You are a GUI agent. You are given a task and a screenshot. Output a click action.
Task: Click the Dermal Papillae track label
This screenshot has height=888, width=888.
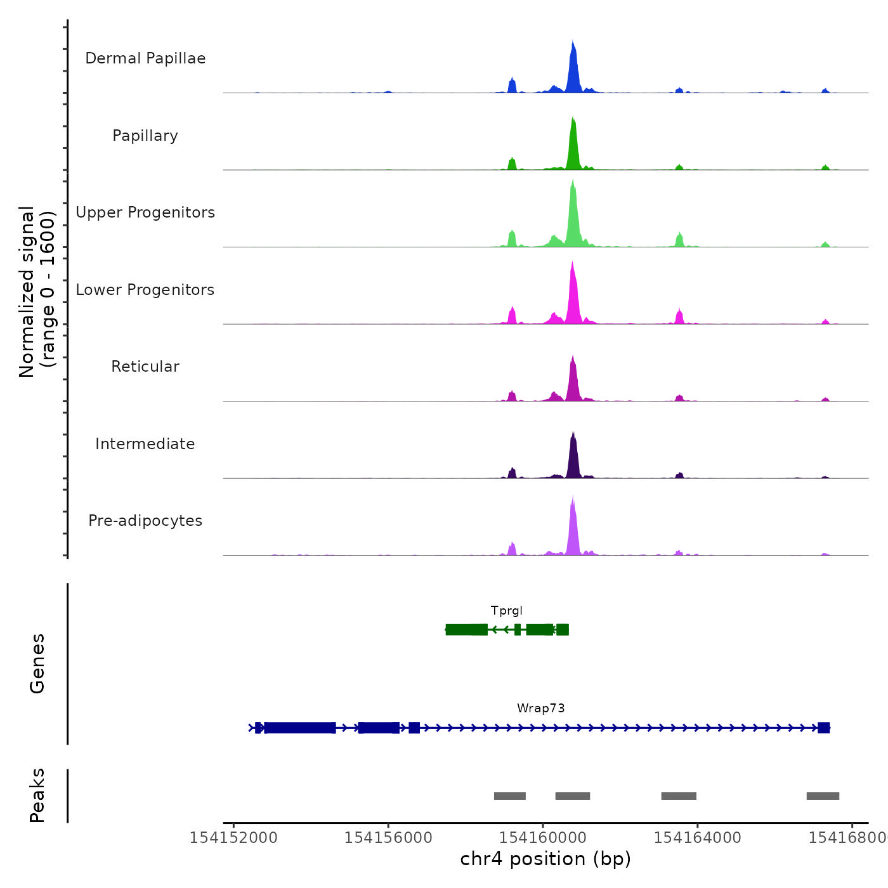pyautogui.click(x=145, y=58)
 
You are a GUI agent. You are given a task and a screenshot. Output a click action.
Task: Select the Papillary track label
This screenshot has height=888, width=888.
pyautogui.click(x=145, y=136)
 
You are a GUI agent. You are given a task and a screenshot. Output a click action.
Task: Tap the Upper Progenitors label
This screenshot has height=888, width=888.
pyautogui.click(x=145, y=212)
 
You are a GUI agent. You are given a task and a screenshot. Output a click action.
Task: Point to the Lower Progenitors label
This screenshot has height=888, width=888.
pyautogui.click(x=145, y=290)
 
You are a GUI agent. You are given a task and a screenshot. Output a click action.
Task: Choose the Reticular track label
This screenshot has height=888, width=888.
pyautogui.click(x=145, y=367)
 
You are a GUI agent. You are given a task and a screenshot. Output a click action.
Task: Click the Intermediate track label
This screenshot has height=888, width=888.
pyautogui.click(x=145, y=444)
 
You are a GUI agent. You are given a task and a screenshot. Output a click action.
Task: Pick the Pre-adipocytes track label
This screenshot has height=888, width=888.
pyautogui.click(x=145, y=521)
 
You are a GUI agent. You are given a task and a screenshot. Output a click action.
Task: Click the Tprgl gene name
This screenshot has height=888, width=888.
pyautogui.click(x=507, y=611)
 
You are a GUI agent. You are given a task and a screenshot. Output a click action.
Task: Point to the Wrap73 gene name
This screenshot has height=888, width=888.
pyautogui.click(x=540, y=708)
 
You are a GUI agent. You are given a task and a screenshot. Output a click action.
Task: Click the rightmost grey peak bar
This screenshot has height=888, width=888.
pyautogui.click(x=823, y=796)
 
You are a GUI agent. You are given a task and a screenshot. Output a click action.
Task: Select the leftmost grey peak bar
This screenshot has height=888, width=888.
pyautogui.click(x=510, y=796)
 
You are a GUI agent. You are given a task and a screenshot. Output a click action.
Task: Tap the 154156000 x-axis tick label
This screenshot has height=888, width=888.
pyautogui.click(x=388, y=838)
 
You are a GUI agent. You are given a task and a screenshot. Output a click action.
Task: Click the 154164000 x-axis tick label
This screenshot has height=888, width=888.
pyautogui.click(x=697, y=838)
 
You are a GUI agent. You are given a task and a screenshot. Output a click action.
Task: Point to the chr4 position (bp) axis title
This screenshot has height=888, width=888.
pyautogui.click(x=545, y=859)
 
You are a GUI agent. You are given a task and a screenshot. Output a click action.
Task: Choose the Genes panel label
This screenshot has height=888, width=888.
pyautogui.click(x=37, y=663)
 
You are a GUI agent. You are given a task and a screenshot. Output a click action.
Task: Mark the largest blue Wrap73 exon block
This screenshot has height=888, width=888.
pyautogui.click(x=300, y=728)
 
